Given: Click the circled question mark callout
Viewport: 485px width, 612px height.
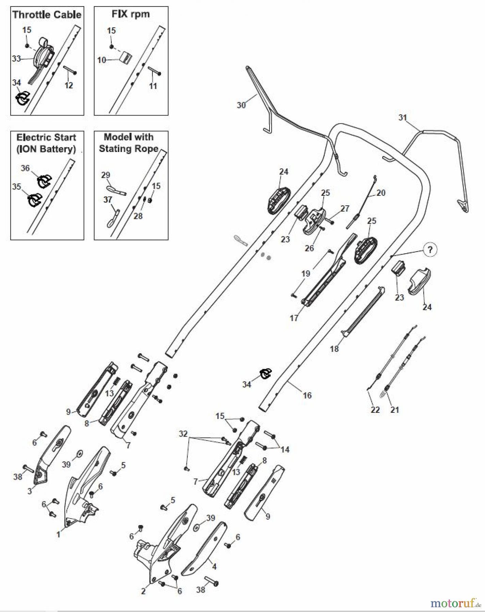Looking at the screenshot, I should click(x=430, y=250).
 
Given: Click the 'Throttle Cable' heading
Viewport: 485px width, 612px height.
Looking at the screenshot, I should click(x=47, y=15).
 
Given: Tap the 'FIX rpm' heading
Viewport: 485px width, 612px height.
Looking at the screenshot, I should click(x=131, y=14).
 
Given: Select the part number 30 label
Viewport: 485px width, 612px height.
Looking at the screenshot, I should click(x=241, y=105).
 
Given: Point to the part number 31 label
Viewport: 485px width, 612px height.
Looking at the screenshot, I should click(x=403, y=118).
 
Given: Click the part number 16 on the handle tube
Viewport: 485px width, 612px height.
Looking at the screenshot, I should click(x=307, y=395).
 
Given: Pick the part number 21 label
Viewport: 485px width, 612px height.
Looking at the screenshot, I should click(x=394, y=410).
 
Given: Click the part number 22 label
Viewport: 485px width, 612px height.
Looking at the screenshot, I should click(x=375, y=410).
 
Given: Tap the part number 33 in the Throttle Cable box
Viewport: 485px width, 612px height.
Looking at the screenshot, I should click(x=16, y=59).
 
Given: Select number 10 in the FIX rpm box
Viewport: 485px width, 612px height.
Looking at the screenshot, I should click(x=101, y=60).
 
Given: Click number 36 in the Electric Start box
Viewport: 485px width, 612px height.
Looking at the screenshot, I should click(x=25, y=168).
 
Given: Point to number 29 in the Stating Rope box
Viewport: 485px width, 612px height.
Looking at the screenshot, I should click(x=106, y=175).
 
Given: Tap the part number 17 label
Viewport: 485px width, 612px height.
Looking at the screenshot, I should click(x=294, y=318).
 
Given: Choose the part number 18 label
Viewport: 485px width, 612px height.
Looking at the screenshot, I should click(x=334, y=348).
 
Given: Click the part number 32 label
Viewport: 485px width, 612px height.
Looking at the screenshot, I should click(x=183, y=434).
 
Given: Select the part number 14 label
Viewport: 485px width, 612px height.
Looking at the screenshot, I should click(x=285, y=449).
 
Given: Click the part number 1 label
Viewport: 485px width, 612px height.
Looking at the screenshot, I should click(x=58, y=534).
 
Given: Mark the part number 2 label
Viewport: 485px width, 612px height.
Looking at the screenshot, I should click(x=143, y=591).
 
